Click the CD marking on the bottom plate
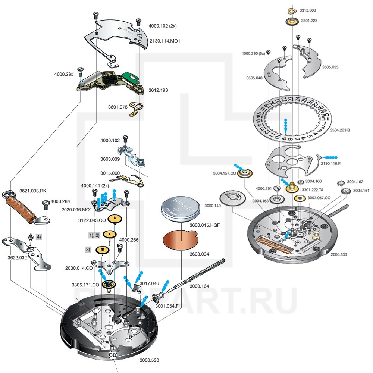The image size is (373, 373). [113, 355]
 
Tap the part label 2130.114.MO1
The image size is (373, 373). [164, 41]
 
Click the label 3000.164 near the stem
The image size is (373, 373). [200, 286]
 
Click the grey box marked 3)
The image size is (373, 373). [88, 249]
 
